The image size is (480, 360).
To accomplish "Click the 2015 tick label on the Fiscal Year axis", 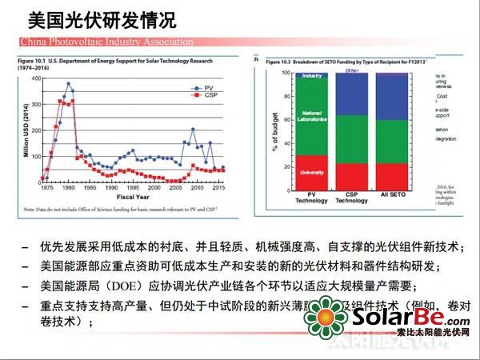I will pyautogui.click(x=218, y=187).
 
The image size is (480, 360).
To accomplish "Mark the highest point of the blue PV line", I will pyautogui.click(x=69, y=83).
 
